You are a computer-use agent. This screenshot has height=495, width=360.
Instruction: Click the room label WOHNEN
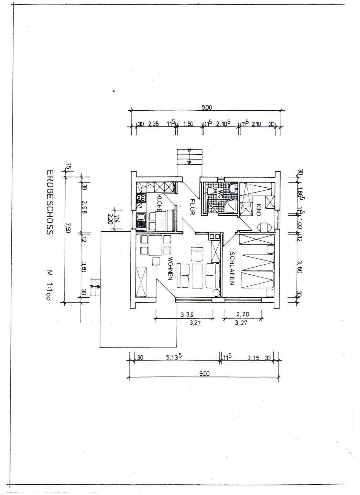[x=170, y=268]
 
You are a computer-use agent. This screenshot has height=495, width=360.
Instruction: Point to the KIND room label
[x=258, y=209]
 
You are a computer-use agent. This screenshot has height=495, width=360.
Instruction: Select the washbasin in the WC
[x=233, y=187]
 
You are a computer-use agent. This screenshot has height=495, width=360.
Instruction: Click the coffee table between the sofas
[x=197, y=276]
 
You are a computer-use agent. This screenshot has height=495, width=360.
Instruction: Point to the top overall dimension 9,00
[x=207, y=108]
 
